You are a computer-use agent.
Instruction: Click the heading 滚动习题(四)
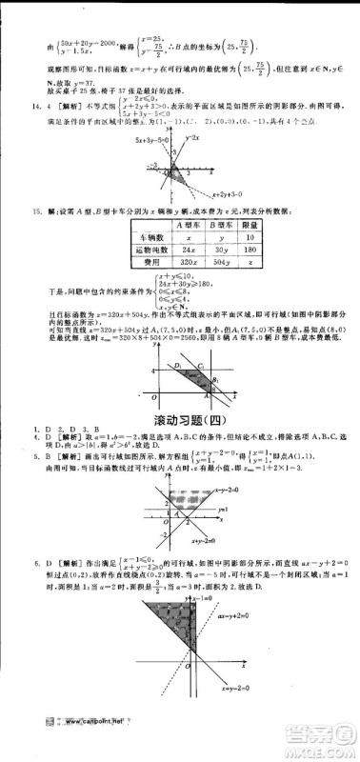coord(181,392)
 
